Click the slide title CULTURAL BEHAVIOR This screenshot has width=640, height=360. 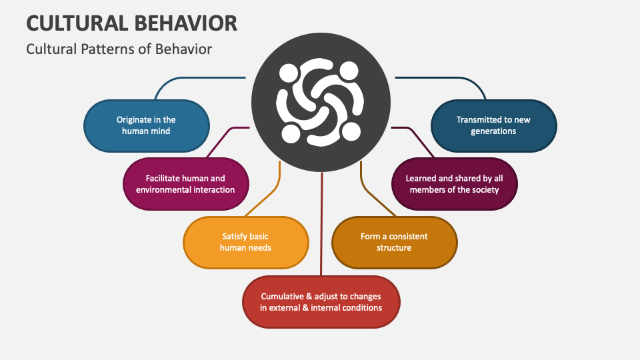pos(131,23)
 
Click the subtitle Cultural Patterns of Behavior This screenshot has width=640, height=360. pos(119,49)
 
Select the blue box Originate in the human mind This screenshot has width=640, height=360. pos(146,125)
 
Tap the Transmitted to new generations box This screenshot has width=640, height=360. pos(493,125)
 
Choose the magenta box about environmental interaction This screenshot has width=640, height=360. pos(186,184)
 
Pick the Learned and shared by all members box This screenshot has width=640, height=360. pos(454,184)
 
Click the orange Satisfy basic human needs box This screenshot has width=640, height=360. pos(245,241)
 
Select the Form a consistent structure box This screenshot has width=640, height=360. pos(394,241)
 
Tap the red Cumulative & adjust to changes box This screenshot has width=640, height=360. pos(321,302)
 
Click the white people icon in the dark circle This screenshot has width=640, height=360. pos(320,101)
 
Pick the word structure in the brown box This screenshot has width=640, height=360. pos(394,247)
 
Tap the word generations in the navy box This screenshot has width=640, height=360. pos(493,131)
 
